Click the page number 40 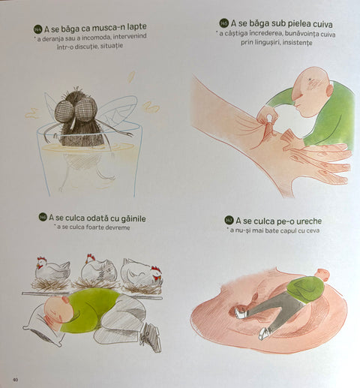(x=15, y=380)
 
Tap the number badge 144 (x=37, y=30)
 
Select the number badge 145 (x=224, y=23)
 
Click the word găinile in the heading (x=133, y=218)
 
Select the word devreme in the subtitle (x=117, y=227)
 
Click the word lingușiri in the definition (x=266, y=42)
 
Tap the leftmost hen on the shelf (x=52, y=268)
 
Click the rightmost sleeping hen (x=141, y=271)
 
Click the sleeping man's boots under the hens (x=151, y=337)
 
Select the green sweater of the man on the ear (x=305, y=289)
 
